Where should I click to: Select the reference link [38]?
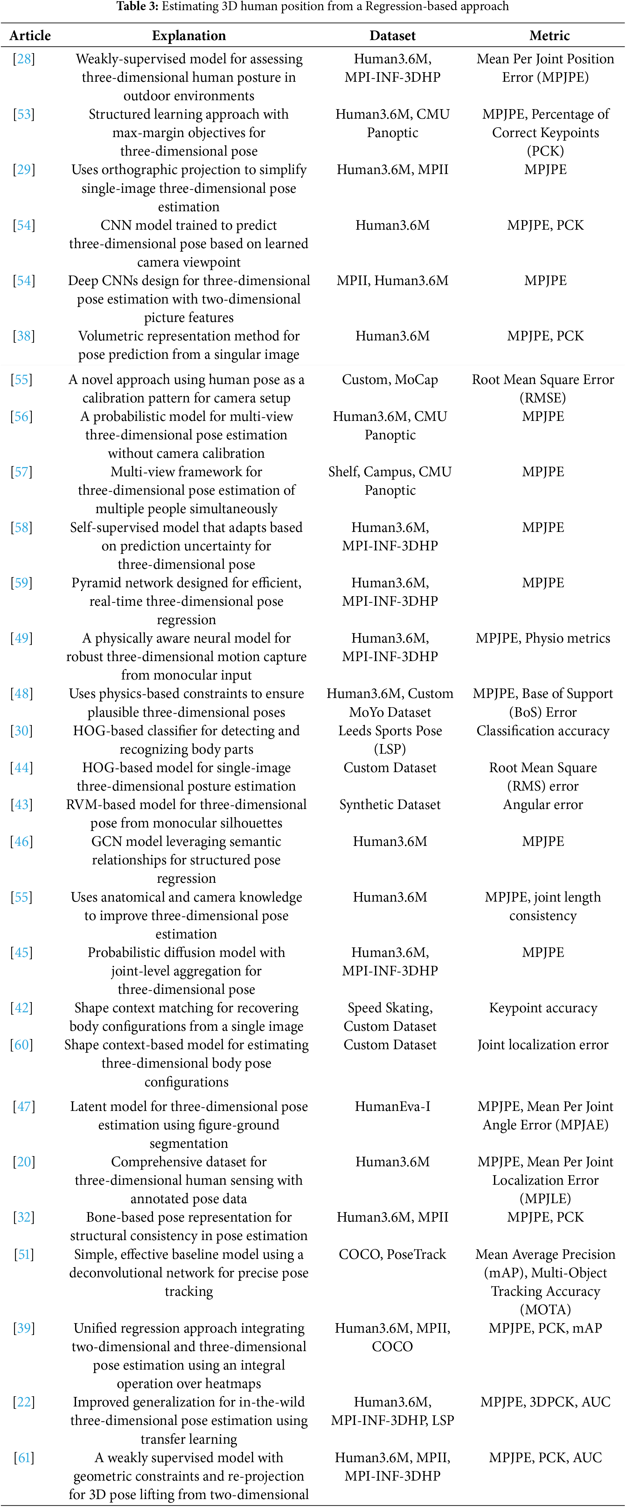24,336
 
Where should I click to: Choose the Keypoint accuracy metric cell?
543,1008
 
